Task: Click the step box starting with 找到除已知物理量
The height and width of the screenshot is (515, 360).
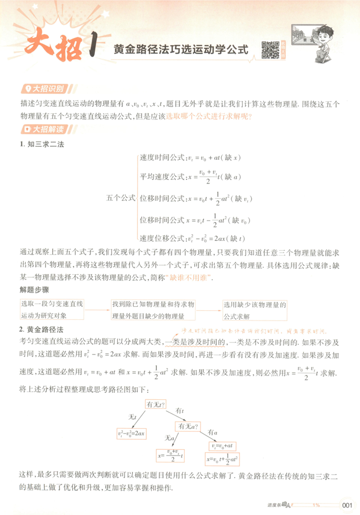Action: click(153, 310)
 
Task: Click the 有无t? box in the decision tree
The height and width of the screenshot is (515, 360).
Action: click(156, 405)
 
